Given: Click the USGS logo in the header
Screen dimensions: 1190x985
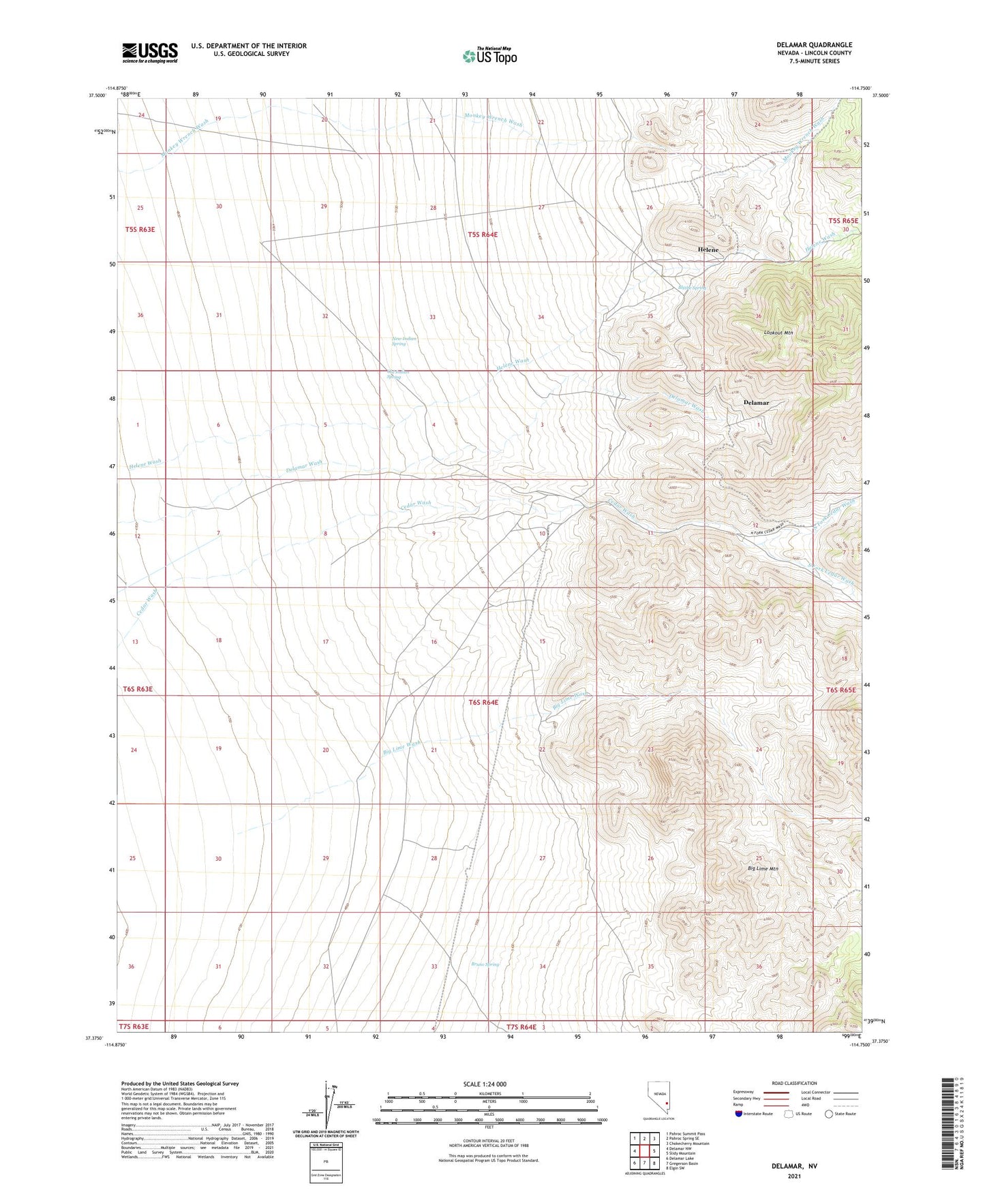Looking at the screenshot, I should click(150, 52).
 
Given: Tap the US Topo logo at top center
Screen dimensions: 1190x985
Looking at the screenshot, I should click(489, 56).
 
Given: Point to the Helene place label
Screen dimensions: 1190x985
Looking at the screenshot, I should click(708, 250).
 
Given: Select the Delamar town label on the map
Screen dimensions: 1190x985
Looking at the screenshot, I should click(755, 403).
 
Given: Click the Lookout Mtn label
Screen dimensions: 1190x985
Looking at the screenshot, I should click(778, 333).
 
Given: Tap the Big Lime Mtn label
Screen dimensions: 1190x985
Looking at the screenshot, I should click(763, 869).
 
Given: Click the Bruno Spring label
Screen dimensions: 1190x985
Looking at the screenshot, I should click(485, 964).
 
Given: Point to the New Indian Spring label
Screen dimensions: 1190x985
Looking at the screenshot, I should click(404, 341).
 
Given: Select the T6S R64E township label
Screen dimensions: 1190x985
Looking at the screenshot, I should click(483, 702).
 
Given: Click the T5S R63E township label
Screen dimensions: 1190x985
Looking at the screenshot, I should click(140, 230).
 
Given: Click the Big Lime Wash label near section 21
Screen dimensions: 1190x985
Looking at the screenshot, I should click(401, 747).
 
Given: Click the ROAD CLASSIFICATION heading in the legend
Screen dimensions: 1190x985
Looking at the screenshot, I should click(793, 1083).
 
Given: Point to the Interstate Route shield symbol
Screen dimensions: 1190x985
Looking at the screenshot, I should click(739, 1114).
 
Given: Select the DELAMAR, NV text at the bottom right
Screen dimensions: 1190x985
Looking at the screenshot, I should click(793, 1166).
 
